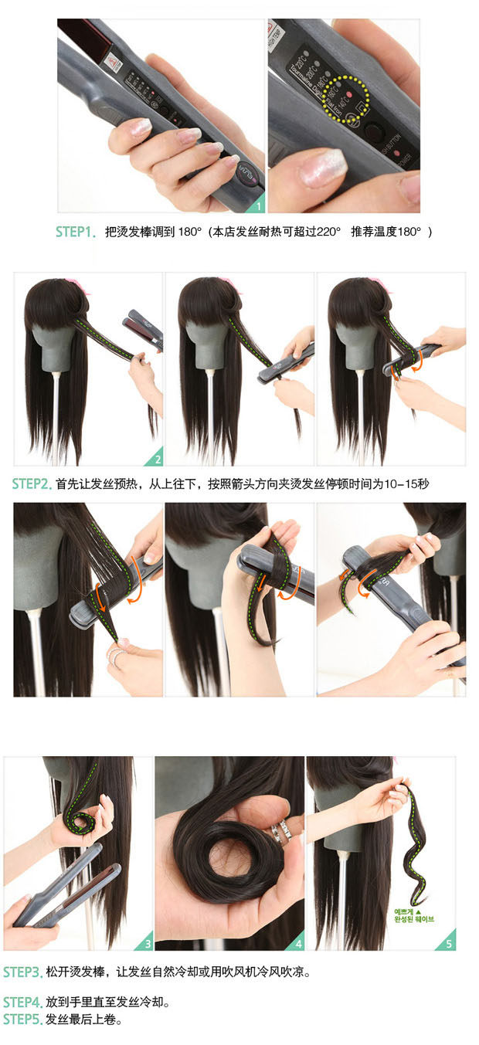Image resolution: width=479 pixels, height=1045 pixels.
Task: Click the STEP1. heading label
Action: pos(75,232)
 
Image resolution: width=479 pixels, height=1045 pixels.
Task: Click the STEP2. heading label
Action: pos(32,484)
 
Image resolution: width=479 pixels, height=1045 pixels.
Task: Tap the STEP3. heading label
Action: pos(22,972)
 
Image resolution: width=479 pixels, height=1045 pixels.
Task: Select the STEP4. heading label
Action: pos(22,1003)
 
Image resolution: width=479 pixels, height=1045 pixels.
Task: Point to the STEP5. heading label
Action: pos(22,1020)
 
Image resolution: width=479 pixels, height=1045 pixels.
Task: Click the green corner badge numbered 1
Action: pos(258,205)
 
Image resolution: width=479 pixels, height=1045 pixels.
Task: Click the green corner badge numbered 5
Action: pos(448,943)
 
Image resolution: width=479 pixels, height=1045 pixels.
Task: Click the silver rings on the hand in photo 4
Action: pos(280,830)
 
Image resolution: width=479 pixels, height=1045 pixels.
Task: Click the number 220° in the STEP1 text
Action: pos(326,232)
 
